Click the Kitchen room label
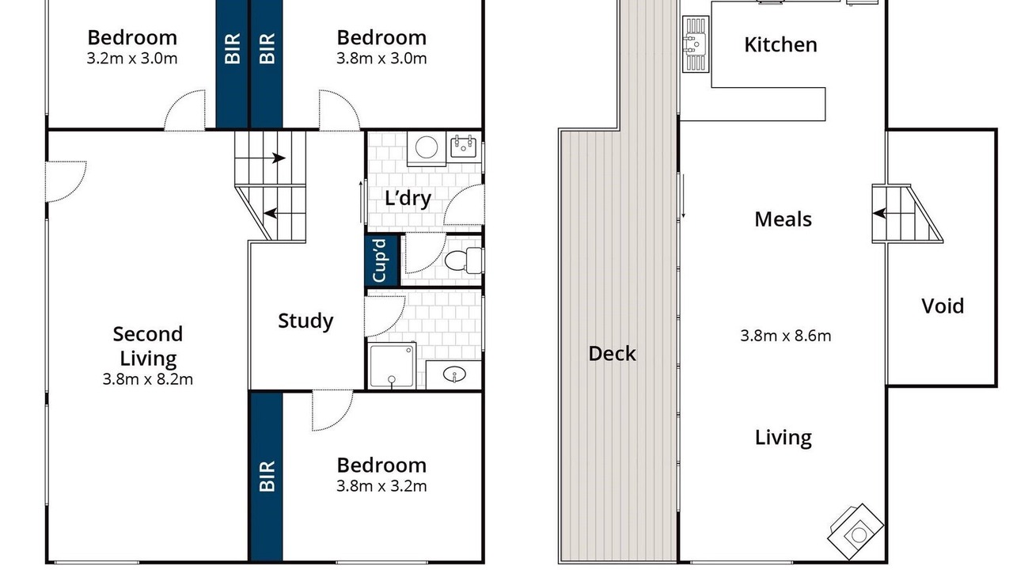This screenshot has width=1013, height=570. [780, 45]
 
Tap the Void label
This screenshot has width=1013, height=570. [943, 306]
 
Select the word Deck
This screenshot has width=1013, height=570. [612, 353]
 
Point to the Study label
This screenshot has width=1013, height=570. [305, 321]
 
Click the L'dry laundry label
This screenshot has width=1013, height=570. [408, 199]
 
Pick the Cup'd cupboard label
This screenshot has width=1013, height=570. [379, 260]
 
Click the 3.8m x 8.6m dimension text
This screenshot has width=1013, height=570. [786, 336]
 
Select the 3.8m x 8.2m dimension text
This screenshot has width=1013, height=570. [148, 379]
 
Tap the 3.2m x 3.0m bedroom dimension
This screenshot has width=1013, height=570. [132, 59]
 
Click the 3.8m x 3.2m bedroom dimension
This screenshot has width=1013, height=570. [381, 486]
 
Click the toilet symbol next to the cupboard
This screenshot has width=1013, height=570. [464, 260]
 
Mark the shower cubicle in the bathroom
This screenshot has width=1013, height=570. [392, 366]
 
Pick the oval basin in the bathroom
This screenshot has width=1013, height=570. [454, 374]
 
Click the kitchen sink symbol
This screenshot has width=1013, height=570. [696, 44]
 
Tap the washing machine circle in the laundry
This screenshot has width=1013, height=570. [427, 147]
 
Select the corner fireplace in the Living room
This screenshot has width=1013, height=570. [856, 531]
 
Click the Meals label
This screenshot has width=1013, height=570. [783, 219]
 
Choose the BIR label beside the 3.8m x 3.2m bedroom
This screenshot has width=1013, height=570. [267, 476]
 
